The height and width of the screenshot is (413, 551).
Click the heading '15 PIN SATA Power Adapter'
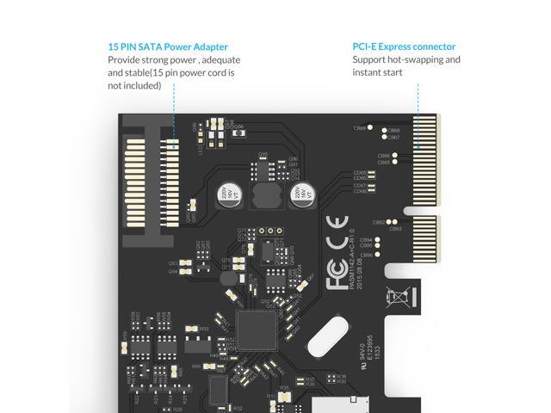(168, 46)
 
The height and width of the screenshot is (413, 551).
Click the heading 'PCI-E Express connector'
(404, 46)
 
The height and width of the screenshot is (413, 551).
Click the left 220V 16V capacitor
(225, 195)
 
